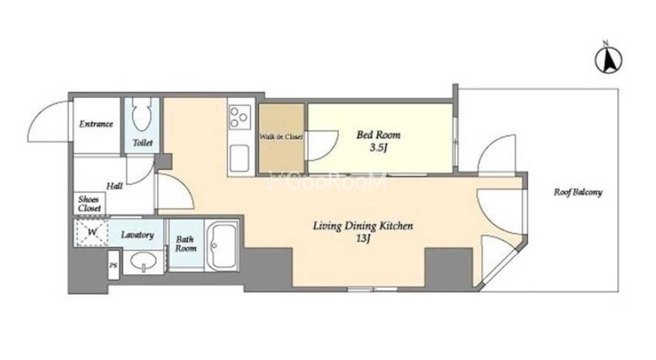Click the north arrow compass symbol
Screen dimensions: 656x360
coord(608,60)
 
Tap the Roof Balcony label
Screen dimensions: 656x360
coord(578,192)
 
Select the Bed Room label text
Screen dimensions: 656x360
coord(378,135)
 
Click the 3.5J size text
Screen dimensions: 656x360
coord(377,147)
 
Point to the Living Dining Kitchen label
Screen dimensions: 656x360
coord(363,226)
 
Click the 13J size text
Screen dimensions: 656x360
coord(363,238)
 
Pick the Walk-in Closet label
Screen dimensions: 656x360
coord(280,137)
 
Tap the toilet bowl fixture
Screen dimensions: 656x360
coord(142,114)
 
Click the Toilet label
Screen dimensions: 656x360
coord(142,142)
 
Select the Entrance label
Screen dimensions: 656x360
coord(97,124)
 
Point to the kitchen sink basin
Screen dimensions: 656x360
coord(240,158)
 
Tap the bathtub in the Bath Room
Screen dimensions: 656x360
coord(222,245)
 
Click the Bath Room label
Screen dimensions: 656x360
coord(185,243)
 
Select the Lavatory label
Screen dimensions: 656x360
coord(137,235)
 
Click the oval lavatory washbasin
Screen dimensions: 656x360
coord(144,261)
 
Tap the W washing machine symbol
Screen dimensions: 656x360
coord(92,232)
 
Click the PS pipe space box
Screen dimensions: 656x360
coord(113,265)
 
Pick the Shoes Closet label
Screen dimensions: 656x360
coord(90,203)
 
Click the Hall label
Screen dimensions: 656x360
coord(114,185)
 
